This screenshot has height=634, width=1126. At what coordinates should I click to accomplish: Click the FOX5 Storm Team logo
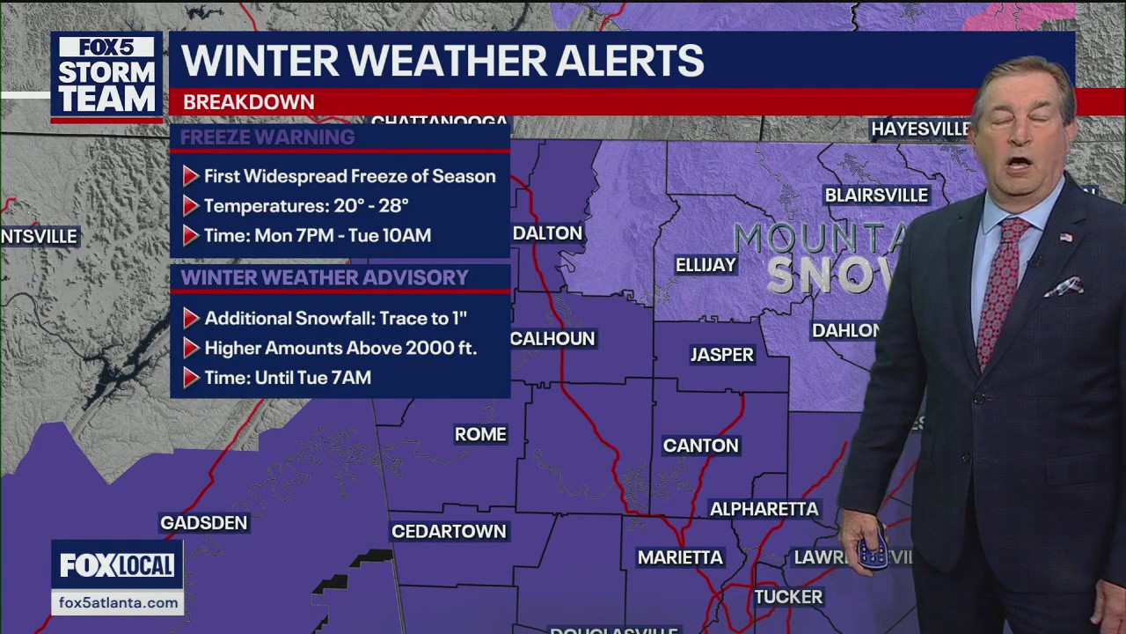[x=106, y=76]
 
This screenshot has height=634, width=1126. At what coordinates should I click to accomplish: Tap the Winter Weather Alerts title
[x=442, y=61]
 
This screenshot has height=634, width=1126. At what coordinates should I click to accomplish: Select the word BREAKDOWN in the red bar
[x=248, y=102]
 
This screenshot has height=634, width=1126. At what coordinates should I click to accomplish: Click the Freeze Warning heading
[x=267, y=137]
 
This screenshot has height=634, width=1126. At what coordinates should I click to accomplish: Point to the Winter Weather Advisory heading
[x=324, y=278]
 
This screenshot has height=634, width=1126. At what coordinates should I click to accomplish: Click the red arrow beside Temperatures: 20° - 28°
[x=190, y=206]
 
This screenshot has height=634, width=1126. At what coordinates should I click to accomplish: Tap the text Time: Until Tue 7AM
[x=288, y=378]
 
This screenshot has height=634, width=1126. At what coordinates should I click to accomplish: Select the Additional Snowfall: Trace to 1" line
[x=335, y=318]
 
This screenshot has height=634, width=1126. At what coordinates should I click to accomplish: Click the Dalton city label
[x=547, y=233]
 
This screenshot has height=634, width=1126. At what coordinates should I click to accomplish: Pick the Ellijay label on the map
[x=706, y=265]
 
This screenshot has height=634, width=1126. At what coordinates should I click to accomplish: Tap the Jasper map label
[x=722, y=355]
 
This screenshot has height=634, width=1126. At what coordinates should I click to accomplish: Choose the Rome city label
[x=480, y=434]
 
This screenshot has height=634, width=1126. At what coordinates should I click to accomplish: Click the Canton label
[x=700, y=446]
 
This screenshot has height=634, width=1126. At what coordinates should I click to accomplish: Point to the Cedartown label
[x=449, y=532]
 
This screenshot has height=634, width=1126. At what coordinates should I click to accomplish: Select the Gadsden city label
[x=203, y=523]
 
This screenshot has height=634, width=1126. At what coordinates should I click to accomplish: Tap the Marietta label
[x=680, y=557]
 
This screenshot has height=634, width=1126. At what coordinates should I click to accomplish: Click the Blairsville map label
[x=876, y=195]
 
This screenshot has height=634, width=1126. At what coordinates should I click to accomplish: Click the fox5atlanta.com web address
[x=117, y=603]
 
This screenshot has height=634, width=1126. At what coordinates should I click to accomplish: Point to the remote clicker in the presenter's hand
[x=873, y=551]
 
